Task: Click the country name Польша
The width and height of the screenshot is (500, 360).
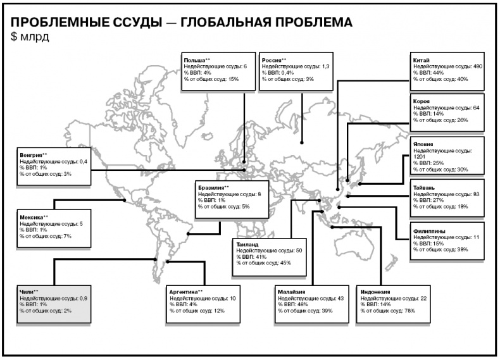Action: (x=193, y=60)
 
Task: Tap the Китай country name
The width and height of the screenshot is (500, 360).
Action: (x=421, y=60)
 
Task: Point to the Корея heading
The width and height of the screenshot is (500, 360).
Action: (x=422, y=101)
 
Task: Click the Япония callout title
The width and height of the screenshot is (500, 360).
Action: (x=423, y=144)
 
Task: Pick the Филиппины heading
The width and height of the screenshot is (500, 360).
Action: (x=429, y=230)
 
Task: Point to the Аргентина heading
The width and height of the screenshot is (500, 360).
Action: (x=183, y=292)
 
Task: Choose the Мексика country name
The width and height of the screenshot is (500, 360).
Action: (x=31, y=217)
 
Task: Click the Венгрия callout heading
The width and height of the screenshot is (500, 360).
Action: (x=31, y=154)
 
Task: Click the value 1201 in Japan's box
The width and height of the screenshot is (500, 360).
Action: (x=420, y=156)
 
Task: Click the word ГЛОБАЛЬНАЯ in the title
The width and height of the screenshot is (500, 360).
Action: (x=227, y=23)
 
